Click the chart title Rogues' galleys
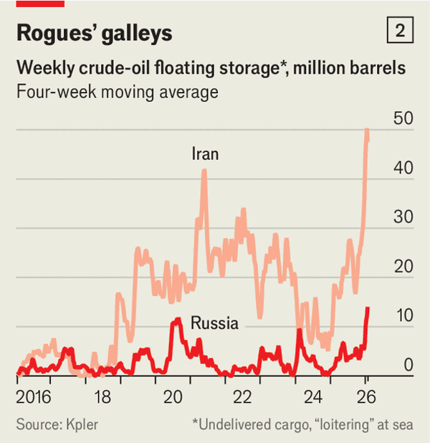pos(94,33)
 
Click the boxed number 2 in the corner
pos(400,31)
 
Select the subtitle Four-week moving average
pos(117,92)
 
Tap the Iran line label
pos(205,153)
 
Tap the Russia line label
pos(214,323)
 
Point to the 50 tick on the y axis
pos(403,118)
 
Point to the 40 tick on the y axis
pos(403,168)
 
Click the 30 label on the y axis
pos(403,217)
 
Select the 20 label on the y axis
pos(403,266)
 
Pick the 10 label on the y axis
pos(403,315)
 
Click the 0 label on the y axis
pos(408,364)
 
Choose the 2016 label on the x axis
pos(34,397)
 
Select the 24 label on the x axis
pos(313,397)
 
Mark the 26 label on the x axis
pos(366,397)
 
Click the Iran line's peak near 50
pos(367,130)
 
